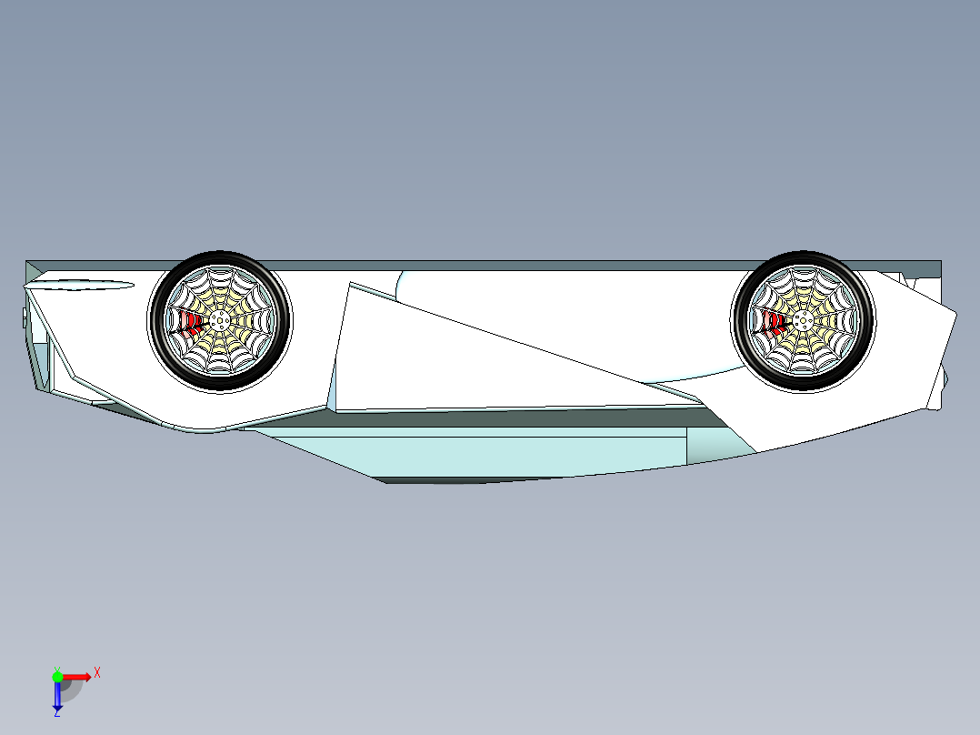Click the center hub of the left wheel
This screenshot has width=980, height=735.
pos(219,321)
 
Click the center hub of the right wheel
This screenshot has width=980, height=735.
pos(803,321)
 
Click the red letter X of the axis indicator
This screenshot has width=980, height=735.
pos(97,673)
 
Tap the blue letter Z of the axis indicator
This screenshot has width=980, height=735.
pos(57,712)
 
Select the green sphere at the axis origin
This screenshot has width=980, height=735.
pos(57,677)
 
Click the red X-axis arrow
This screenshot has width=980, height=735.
pos(76,677)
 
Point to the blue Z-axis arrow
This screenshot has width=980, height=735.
pos(57,694)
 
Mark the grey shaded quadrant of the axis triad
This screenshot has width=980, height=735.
pos(71,690)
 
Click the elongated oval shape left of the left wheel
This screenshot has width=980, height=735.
pos(80,286)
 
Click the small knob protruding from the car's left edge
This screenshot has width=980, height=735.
pos(25,317)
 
